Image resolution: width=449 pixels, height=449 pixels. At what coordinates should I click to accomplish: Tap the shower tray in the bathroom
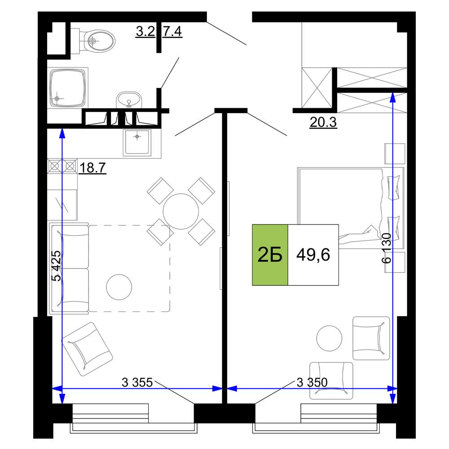[x=68, y=88]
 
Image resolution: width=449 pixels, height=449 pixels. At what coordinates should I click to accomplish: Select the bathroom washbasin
[x=129, y=100]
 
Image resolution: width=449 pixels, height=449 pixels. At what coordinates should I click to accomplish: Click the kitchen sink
[x=137, y=142]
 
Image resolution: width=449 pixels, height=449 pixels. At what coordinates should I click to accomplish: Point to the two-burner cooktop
[x=62, y=166]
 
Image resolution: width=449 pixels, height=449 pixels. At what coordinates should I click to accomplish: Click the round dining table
[x=181, y=211]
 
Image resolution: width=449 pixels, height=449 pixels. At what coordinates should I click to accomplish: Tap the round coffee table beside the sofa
[x=119, y=287]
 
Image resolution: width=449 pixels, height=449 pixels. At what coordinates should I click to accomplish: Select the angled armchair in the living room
[x=87, y=349]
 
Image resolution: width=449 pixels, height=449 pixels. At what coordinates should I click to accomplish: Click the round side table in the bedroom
[x=329, y=338]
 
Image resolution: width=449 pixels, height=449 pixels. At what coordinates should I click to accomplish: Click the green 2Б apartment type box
[x=270, y=255]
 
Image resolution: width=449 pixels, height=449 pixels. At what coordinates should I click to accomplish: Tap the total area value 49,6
[x=313, y=255]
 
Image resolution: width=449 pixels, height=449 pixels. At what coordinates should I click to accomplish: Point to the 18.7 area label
[x=92, y=167]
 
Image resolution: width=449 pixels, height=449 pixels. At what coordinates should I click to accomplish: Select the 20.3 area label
[x=323, y=122]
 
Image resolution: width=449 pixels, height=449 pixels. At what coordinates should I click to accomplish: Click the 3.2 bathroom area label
[x=145, y=31]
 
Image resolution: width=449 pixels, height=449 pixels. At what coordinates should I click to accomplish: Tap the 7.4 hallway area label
[x=172, y=31]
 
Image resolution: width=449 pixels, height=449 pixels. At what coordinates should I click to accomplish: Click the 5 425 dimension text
[x=57, y=266]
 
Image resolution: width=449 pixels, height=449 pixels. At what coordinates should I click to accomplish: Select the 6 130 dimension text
[x=386, y=248]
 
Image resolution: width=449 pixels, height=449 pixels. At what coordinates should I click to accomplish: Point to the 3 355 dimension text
[x=137, y=382]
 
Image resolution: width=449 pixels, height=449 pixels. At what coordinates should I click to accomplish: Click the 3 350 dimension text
[x=312, y=382]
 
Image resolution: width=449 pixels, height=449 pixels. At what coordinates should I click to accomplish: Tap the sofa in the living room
[x=69, y=269]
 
